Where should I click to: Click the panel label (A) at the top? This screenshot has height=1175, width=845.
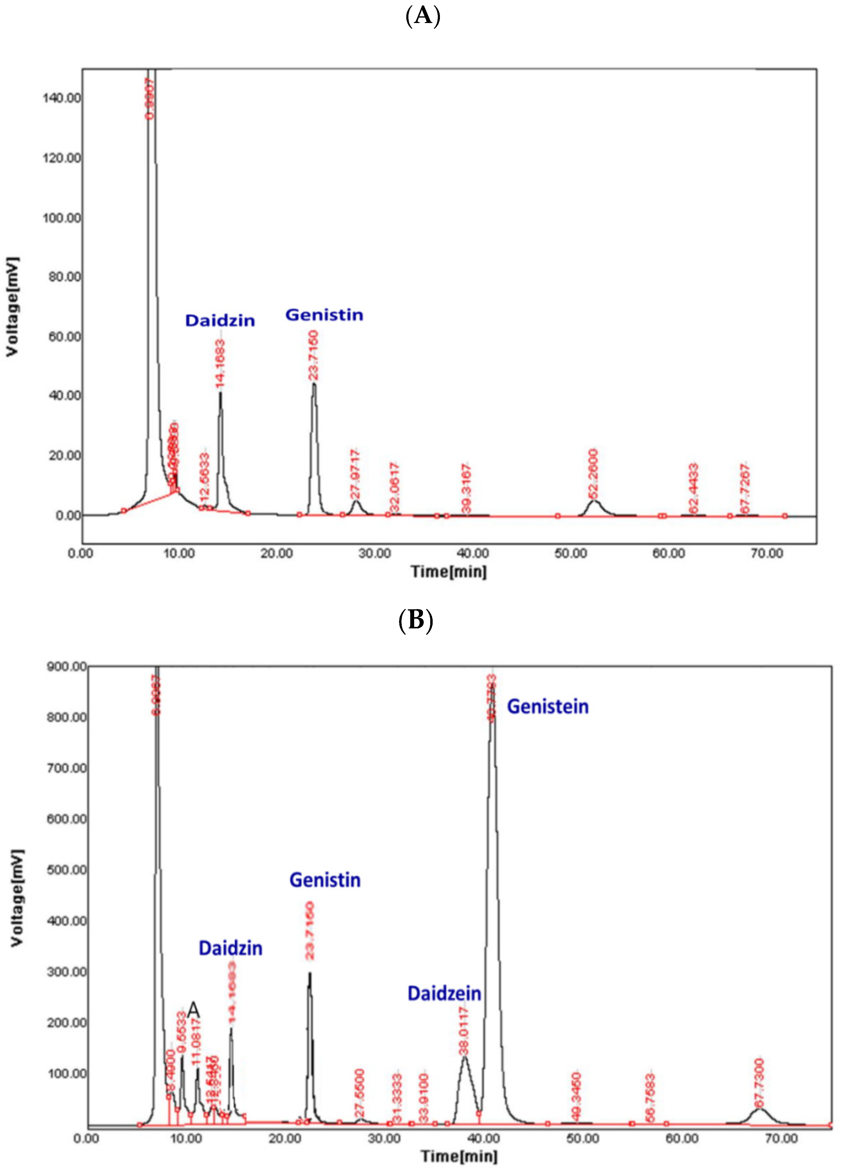(x=422, y=16)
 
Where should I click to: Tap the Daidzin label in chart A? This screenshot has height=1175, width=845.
(x=220, y=321)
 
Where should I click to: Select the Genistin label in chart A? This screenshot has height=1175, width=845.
(x=324, y=315)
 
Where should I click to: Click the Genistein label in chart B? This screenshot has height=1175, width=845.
(x=547, y=707)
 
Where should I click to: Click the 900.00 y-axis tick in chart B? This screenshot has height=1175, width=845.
(x=66, y=666)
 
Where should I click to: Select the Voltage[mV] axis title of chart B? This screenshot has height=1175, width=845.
(x=17, y=898)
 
